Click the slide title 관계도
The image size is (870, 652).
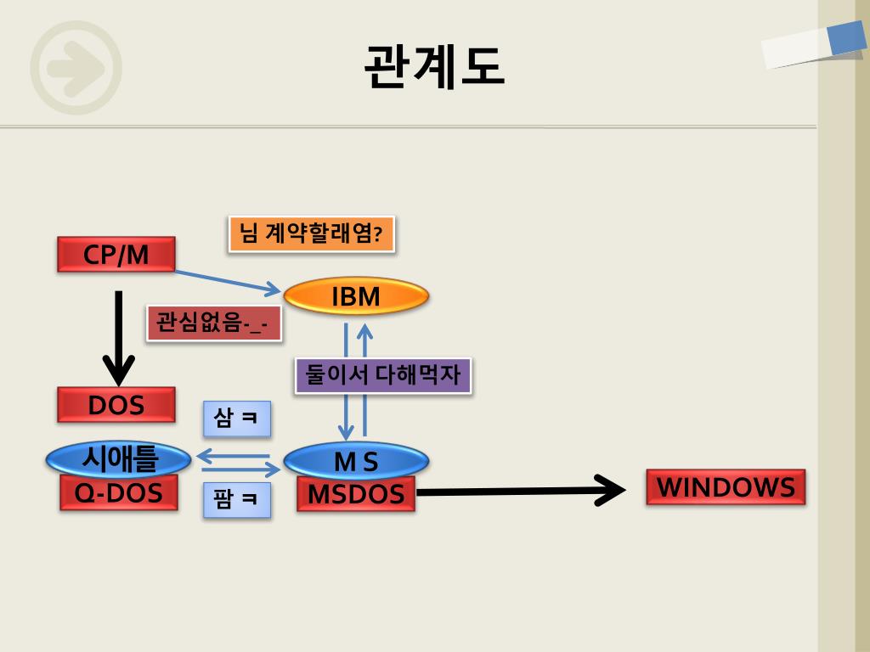(433, 66)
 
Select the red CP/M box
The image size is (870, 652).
(116, 255)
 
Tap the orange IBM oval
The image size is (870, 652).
(356, 296)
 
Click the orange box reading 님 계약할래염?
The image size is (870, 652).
(311, 233)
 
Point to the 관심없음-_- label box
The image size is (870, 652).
(213, 323)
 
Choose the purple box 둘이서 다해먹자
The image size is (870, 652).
(382, 375)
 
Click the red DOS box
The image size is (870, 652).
(116, 405)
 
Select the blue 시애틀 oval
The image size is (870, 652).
(118, 459)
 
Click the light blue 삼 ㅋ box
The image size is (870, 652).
(237, 419)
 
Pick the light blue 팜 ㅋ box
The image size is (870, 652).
(237, 500)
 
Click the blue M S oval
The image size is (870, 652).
(356, 461)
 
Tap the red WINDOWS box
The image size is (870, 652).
(726, 487)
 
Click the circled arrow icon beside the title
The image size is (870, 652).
(76, 68)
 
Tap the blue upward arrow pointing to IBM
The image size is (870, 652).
(365, 378)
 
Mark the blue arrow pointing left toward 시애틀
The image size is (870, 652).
(233, 457)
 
